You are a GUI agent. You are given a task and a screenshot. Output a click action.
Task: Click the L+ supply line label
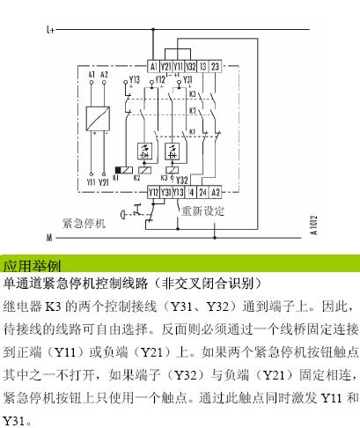[50, 30]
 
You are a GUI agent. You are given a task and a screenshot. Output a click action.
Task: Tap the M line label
[49, 237]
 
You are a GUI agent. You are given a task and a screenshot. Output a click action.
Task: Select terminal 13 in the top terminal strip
[203, 67]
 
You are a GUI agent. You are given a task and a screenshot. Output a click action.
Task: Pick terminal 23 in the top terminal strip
[215, 67]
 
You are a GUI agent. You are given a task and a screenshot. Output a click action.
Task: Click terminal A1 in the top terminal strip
[153, 67]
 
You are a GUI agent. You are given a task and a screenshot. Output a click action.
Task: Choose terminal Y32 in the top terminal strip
[191, 67]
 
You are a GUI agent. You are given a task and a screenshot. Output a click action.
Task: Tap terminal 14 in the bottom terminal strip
[191, 193]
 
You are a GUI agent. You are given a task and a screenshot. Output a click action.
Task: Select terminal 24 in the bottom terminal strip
[202, 193]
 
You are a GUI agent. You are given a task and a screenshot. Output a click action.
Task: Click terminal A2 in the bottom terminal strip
[216, 193]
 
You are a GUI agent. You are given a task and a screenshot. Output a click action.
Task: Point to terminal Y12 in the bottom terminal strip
[153, 193]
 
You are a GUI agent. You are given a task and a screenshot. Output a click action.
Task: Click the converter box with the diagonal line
[98, 119]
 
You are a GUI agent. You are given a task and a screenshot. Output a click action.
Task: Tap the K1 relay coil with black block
[123, 170]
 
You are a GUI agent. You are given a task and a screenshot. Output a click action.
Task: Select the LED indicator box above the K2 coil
[144, 151]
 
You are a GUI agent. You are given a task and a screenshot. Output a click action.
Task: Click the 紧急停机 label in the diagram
[84, 224]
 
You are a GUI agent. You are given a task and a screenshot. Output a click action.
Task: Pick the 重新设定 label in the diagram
[202, 211]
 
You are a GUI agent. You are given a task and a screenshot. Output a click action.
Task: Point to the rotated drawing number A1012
[313, 225]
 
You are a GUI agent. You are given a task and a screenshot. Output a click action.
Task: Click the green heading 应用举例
[32, 266]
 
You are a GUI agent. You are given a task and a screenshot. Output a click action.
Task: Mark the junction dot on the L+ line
[153, 29]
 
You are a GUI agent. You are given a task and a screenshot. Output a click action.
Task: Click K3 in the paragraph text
[53, 306]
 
